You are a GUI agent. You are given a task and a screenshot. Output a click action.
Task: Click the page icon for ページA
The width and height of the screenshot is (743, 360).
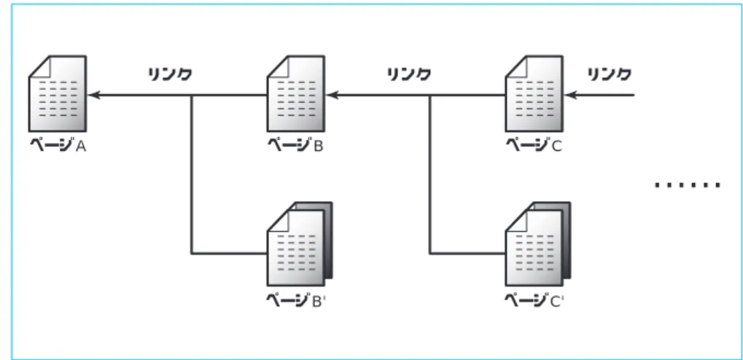[58, 94]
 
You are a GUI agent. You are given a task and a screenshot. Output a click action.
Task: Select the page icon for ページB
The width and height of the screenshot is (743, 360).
[296, 94]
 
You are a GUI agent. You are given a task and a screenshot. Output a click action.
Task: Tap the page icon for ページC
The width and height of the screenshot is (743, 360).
[534, 94]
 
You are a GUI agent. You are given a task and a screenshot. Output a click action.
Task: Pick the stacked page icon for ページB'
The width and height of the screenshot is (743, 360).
[300, 244]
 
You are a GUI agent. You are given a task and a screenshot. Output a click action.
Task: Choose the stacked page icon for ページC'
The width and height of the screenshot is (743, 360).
[538, 244]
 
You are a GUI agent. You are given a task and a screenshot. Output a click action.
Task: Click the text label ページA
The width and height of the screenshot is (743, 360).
[58, 145]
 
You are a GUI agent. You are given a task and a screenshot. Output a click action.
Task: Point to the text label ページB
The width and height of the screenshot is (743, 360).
[296, 145]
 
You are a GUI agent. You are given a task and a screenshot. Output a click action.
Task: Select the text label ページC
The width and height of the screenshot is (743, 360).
[534, 145]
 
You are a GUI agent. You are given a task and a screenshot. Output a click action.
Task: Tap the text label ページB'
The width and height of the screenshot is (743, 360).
[296, 300]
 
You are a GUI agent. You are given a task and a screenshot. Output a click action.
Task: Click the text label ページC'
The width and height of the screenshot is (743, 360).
[534, 300]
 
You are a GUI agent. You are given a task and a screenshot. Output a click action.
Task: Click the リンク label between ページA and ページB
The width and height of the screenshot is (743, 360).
[170, 74]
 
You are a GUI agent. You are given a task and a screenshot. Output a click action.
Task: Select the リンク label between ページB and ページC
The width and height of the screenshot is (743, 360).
[409, 74]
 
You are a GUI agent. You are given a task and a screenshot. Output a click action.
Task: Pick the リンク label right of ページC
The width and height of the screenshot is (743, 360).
[610, 74]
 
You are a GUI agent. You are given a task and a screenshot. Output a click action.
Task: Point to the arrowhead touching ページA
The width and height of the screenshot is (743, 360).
[93, 95]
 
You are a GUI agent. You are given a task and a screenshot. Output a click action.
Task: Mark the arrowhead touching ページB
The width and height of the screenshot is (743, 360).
[332, 95]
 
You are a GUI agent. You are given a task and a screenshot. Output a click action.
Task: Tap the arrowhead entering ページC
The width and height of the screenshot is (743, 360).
[570, 95]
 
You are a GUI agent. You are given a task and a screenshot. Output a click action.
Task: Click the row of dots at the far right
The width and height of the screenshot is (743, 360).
[688, 185]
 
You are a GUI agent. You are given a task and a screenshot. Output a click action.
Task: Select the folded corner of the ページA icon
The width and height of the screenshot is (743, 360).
[40, 66]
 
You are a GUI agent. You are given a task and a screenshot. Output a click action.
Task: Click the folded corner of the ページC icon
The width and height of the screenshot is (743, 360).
[516, 66]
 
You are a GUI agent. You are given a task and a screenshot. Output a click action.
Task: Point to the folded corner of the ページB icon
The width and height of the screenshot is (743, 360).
[278, 66]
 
